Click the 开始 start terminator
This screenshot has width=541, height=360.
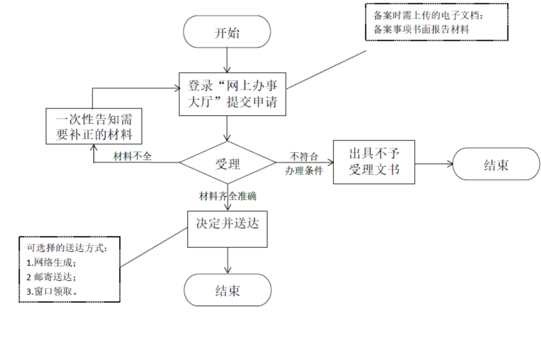click(227, 32)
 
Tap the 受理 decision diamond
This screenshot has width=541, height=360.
click(227, 162)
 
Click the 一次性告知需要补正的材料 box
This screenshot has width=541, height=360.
click(95, 126)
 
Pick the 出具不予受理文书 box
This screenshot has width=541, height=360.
click(373, 162)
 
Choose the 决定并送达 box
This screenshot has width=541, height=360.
click(227, 226)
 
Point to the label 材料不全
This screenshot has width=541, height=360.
click(133, 156)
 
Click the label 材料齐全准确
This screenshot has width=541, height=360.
click(228, 195)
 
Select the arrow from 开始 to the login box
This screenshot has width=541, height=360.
click(227, 60)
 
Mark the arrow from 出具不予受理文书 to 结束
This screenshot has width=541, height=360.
click(433, 165)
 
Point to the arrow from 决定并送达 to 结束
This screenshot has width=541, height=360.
click(227, 260)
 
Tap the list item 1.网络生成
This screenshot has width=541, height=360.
click(52, 262)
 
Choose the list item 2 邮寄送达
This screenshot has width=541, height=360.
click(51, 277)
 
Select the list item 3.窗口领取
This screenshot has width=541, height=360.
click(53, 291)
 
